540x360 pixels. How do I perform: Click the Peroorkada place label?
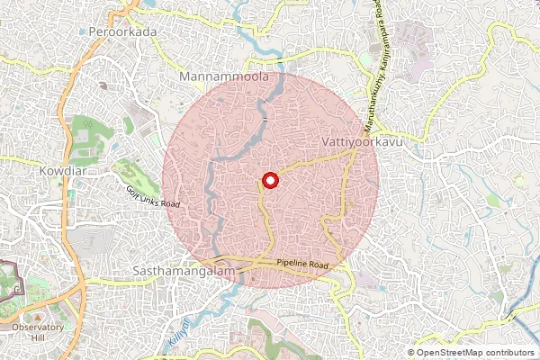(123, 31)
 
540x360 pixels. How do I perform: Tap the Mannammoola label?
(225, 78)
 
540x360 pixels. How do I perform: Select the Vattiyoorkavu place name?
(359, 142)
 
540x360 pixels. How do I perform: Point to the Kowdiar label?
(61, 168)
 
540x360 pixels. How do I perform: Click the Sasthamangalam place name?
(184, 269)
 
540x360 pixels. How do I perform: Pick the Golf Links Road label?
(153, 195)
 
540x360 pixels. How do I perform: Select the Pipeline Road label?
(303, 264)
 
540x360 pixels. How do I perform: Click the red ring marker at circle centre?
(269, 180)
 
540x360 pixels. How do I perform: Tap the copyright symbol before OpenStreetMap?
(411, 353)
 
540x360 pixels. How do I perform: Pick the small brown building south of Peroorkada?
(103, 86)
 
